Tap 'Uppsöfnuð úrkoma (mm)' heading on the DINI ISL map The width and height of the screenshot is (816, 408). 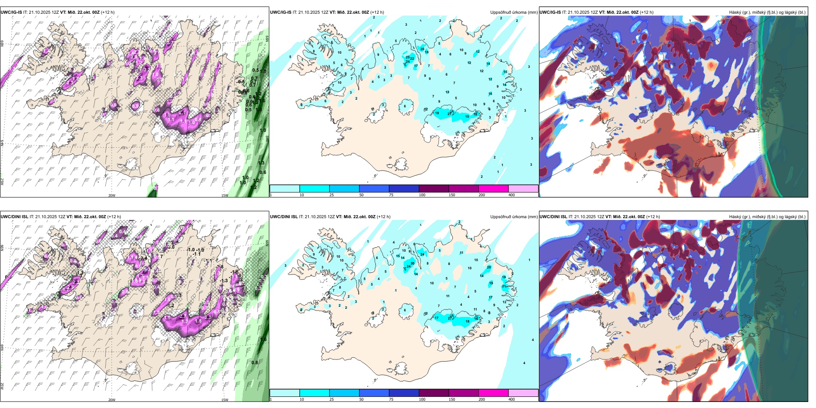click(x=514, y=217)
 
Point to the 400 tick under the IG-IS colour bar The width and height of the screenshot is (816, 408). click(x=512, y=195)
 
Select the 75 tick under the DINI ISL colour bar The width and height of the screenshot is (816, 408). click(x=391, y=399)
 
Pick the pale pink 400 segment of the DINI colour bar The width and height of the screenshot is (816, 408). click(x=523, y=393)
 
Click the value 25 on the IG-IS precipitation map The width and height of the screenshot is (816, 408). click(x=408, y=57)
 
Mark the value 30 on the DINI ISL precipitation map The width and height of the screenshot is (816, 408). click(x=412, y=264)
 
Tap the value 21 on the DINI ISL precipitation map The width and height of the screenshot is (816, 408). click(x=504, y=286)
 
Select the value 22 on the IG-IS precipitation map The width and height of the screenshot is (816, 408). click(x=412, y=58)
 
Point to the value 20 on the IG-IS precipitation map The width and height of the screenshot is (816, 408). click(x=422, y=49)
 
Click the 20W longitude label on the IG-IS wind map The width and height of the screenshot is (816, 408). click(x=112, y=195)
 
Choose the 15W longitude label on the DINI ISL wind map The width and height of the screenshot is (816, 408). click(x=225, y=400)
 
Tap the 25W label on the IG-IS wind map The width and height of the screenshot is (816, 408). click(x=2, y=181)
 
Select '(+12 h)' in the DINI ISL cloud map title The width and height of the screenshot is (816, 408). click(x=653, y=217)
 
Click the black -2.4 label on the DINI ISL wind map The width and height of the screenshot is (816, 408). click(x=143, y=258)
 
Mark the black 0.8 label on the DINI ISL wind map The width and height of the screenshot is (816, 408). click(x=255, y=362)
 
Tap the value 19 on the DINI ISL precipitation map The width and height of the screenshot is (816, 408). click(x=491, y=283)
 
